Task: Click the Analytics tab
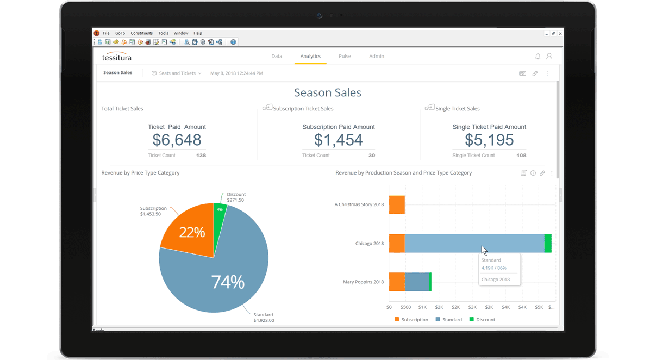tap(310, 56)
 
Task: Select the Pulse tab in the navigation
tap(345, 56)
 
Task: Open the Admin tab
tap(376, 56)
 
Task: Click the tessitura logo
tap(117, 57)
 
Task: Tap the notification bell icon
tap(538, 57)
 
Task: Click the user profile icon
tap(549, 57)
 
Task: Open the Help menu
tap(198, 33)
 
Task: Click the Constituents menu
tap(141, 33)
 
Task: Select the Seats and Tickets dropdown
tap(177, 73)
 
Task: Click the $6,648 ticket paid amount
tap(177, 140)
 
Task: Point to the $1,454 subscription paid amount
tap(338, 140)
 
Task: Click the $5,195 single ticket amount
tap(489, 140)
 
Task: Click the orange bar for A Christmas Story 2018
tap(397, 205)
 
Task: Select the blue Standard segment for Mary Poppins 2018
tap(417, 282)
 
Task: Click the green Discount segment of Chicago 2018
tap(548, 243)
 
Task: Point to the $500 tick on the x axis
tap(405, 307)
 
